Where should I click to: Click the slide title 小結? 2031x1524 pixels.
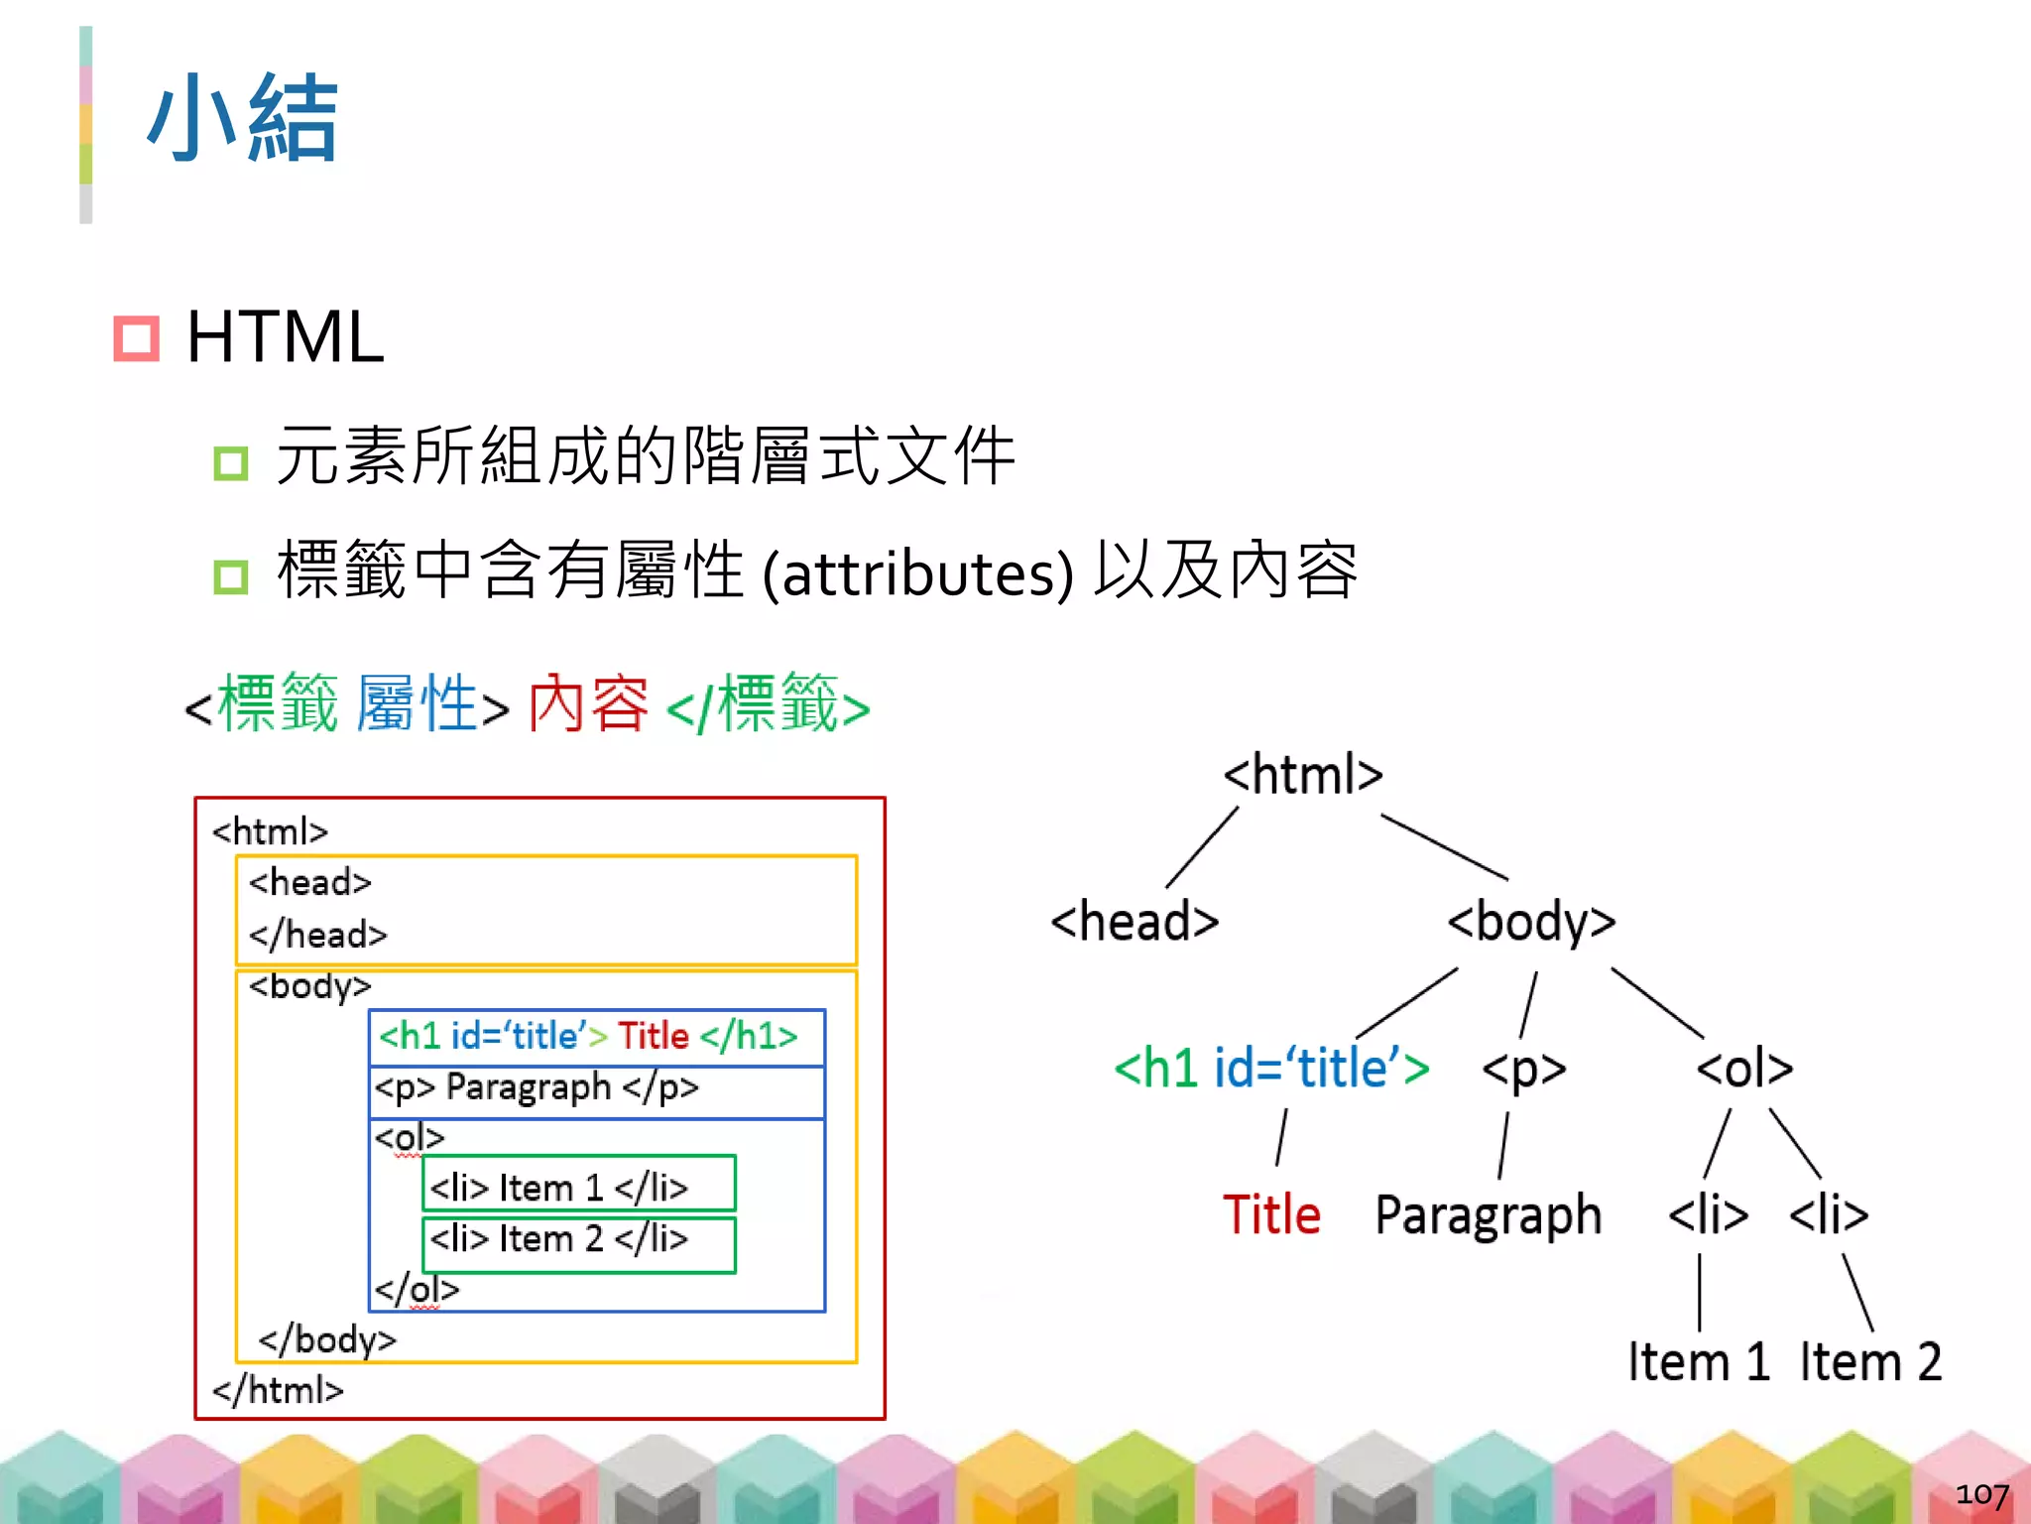pos(243,119)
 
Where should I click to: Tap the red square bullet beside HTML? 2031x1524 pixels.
pos(136,338)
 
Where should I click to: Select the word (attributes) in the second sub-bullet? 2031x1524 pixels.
pos(918,573)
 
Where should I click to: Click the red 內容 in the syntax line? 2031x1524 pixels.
pos(588,703)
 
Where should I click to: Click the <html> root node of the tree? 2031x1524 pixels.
pos(1302,775)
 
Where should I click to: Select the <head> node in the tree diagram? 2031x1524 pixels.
pos(1135,922)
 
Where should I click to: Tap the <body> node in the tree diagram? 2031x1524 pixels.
pos(1531,922)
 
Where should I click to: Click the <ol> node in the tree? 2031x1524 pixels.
pos(1744,1069)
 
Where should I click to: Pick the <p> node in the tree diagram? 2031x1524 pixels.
pos(1523,1069)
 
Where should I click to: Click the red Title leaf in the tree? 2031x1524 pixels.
pos(1271,1215)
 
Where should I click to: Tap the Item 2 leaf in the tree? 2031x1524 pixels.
pos(1870,1361)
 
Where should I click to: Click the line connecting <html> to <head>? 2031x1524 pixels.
pos(1202,847)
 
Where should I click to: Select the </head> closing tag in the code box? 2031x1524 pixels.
pos(317,935)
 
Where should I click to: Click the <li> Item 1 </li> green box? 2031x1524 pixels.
pos(579,1184)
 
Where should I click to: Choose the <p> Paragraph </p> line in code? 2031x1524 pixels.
pos(537,1088)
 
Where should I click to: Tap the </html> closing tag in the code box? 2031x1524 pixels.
pos(278,1390)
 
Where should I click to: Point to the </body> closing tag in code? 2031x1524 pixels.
pos(327,1340)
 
